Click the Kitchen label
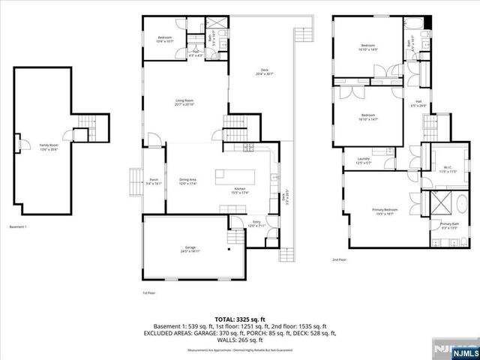[x=240, y=190]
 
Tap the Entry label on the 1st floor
[x=256, y=223]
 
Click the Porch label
[x=153, y=180]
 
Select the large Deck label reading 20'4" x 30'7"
[x=265, y=71]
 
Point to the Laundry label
[x=363, y=160]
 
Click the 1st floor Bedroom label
[x=164, y=39]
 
